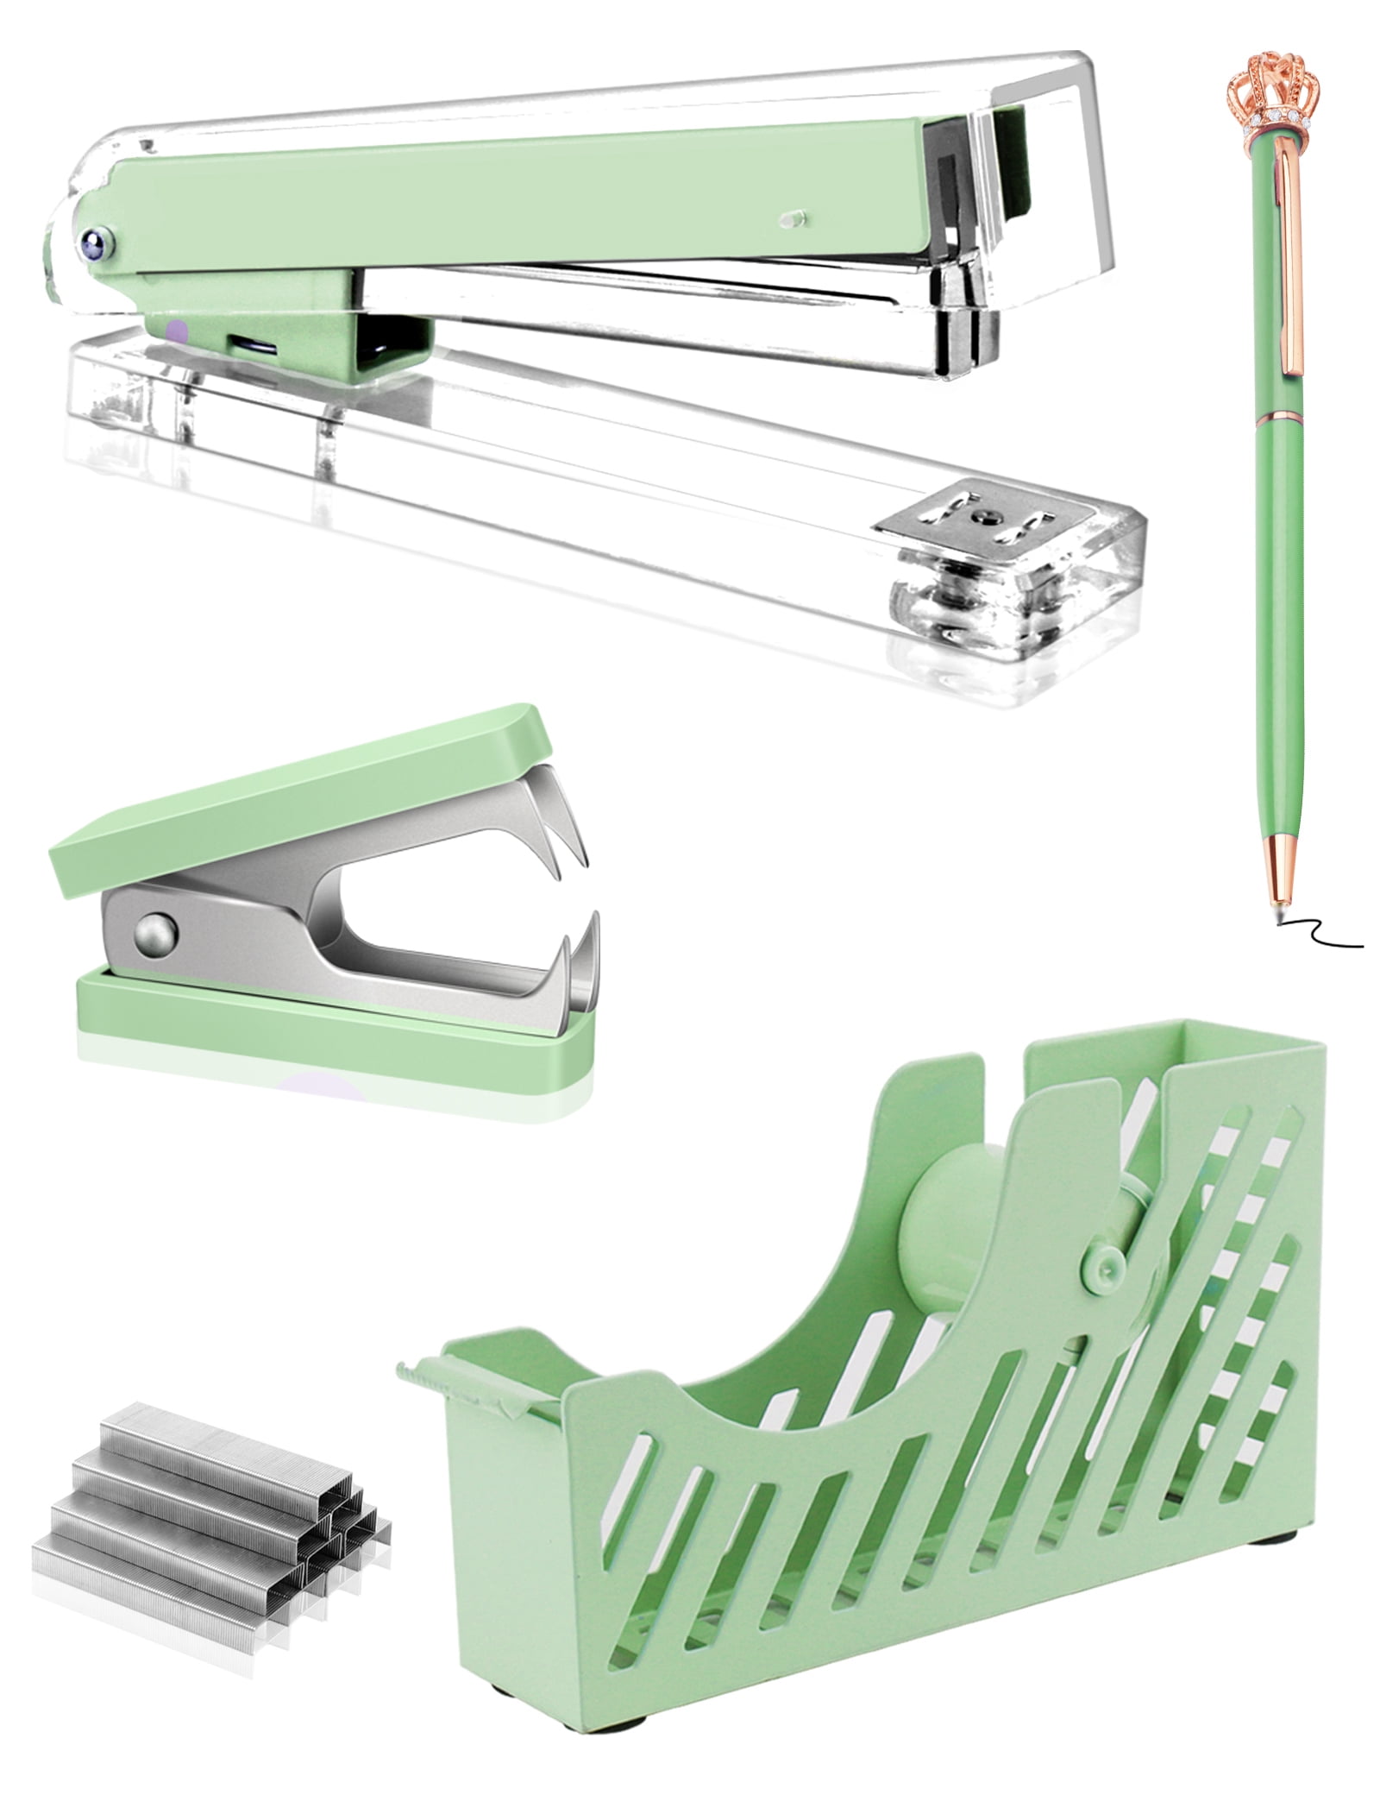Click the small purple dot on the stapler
[178, 329]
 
